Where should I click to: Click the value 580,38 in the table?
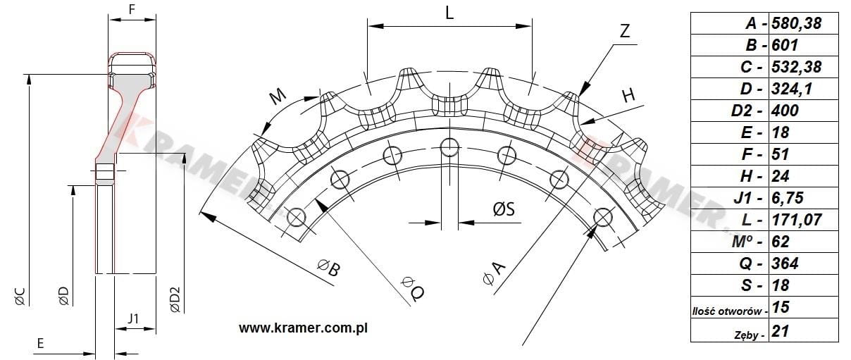coord(796,23)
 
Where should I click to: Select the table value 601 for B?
coord(785,45)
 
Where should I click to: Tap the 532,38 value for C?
coord(796,67)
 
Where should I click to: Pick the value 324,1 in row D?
coord(792,89)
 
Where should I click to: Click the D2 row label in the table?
coord(747,111)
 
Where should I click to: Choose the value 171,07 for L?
coord(796,220)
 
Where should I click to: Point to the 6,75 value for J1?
coord(788,198)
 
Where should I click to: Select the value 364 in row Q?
coord(785,263)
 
